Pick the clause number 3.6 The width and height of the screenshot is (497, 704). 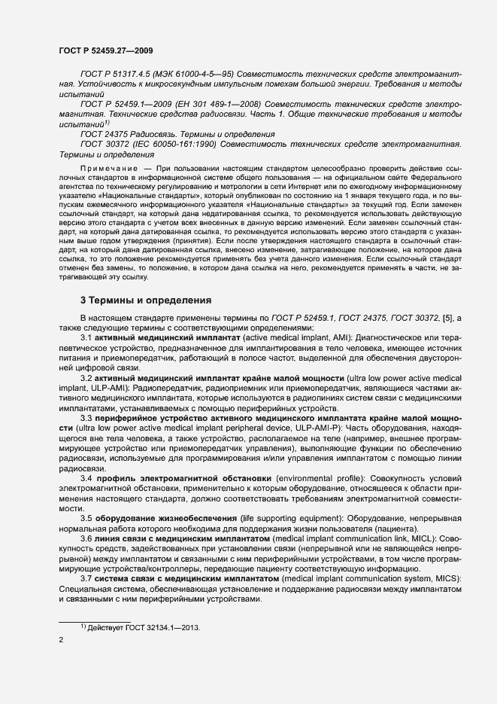pyautogui.click(x=86, y=539)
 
